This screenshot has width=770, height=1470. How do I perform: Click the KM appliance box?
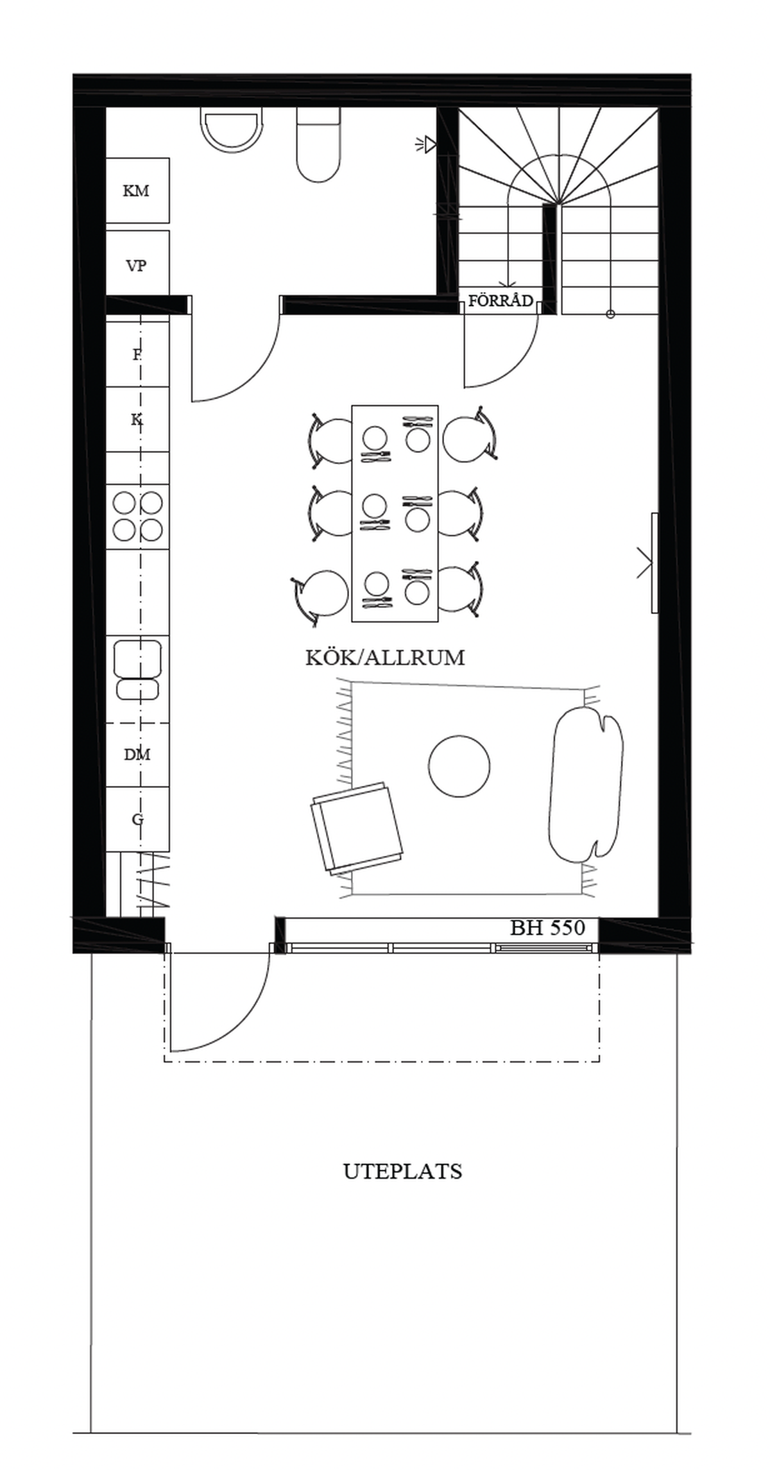click(x=137, y=191)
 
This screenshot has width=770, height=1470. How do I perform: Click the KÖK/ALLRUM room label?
click(x=385, y=658)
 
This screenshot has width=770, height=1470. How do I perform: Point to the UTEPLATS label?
click(x=403, y=1172)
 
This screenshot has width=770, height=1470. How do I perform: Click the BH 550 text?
click(x=548, y=928)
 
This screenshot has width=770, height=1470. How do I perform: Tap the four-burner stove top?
click(x=137, y=516)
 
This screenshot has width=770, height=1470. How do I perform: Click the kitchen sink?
click(x=137, y=669)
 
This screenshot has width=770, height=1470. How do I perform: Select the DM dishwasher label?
click(x=137, y=755)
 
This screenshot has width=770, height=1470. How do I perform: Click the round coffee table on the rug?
click(x=459, y=766)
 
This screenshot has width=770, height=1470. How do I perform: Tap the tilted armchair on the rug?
click(x=357, y=828)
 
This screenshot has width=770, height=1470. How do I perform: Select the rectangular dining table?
click(x=395, y=513)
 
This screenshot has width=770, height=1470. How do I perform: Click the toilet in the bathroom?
click(x=318, y=144)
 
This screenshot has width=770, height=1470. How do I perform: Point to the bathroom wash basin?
click(x=232, y=130)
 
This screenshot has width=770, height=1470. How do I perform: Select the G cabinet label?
click(x=137, y=819)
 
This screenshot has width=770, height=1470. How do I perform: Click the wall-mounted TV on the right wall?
click(x=654, y=563)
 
